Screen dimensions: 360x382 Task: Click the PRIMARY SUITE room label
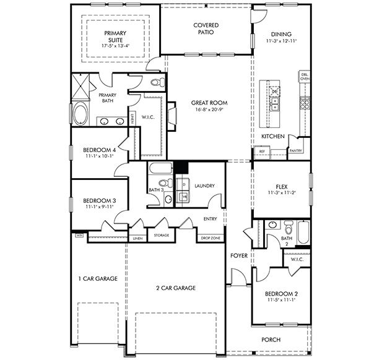[115, 36]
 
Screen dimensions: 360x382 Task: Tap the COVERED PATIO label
[206, 28]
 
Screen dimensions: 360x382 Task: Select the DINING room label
[280, 34]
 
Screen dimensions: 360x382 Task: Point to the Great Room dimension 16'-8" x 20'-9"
[209, 109]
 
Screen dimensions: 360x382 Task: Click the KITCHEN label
[272, 135]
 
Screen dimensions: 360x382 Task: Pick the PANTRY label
[295, 150]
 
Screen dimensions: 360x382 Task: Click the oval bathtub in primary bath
[80, 115]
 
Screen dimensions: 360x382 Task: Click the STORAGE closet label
[162, 235]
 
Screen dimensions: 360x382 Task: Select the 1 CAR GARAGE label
[97, 279]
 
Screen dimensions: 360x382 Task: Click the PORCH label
[271, 339]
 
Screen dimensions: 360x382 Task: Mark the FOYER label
[239, 255]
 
